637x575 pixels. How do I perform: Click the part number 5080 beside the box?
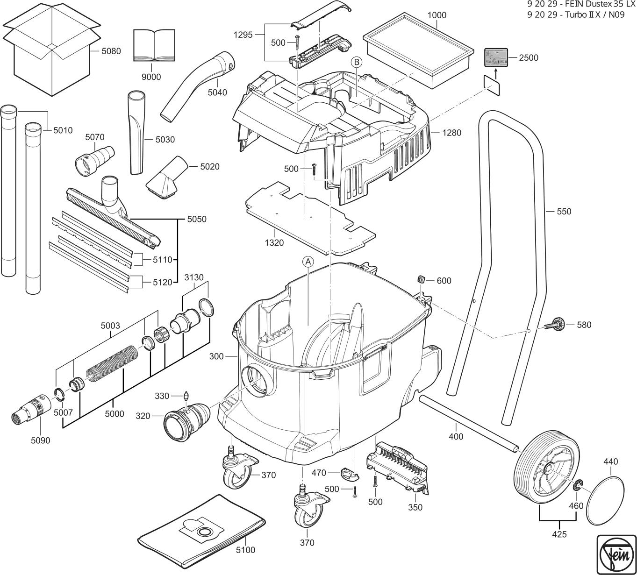pyautogui.click(x=111, y=51)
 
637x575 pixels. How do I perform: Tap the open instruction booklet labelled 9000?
pyautogui.click(x=154, y=45)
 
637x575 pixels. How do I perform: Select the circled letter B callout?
pyautogui.click(x=356, y=62)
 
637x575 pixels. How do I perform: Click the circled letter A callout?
pyautogui.click(x=308, y=262)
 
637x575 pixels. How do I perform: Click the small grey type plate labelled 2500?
pyautogui.click(x=496, y=57)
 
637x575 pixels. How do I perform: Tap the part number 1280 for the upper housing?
pyautogui.click(x=451, y=133)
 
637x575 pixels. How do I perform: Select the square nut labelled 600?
pyautogui.click(x=422, y=279)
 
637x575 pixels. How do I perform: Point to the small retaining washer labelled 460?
pyautogui.click(x=578, y=484)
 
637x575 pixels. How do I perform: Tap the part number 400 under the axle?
pyautogui.click(x=456, y=437)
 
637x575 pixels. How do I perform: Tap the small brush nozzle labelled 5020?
pyautogui.click(x=167, y=177)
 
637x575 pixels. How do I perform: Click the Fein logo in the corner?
pyautogui.click(x=617, y=554)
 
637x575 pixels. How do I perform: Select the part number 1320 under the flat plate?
pyautogui.click(x=274, y=243)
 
